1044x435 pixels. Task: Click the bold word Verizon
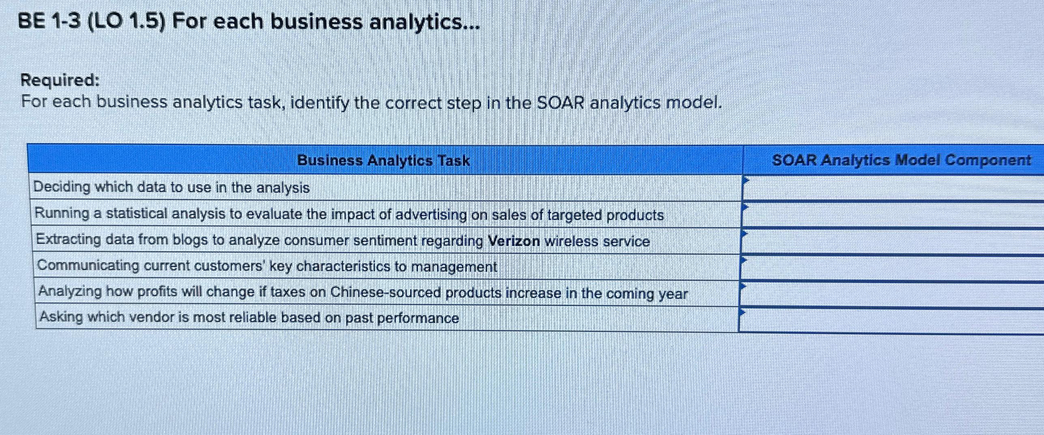pyautogui.click(x=513, y=241)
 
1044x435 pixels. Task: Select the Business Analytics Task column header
pyautogui.click(x=383, y=161)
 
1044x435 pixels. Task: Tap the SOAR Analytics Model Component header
pyautogui.click(x=901, y=160)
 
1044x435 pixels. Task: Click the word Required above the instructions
pyautogui.click(x=60, y=80)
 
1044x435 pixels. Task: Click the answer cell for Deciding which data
pyautogui.click(x=892, y=188)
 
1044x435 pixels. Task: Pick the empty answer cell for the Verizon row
pyautogui.click(x=892, y=242)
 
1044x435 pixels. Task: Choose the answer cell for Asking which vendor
pyautogui.click(x=892, y=321)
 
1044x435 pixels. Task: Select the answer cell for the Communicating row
pyautogui.click(x=892, y=267)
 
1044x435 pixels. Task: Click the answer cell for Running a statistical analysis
pyautogui.click(x=892, y=215)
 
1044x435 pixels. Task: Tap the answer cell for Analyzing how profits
pyautogui.click(x=892, y=294)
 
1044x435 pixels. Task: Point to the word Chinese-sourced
pyautogui.click(x=385, y=292)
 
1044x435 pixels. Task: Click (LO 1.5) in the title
pyautogui.click(x=127, y=22)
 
